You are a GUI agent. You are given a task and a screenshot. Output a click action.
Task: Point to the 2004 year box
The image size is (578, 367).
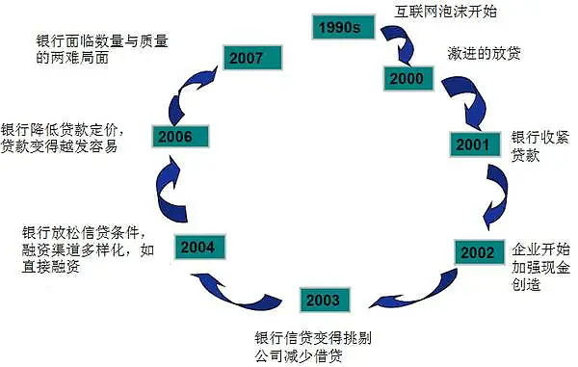[x=197, y=246]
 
